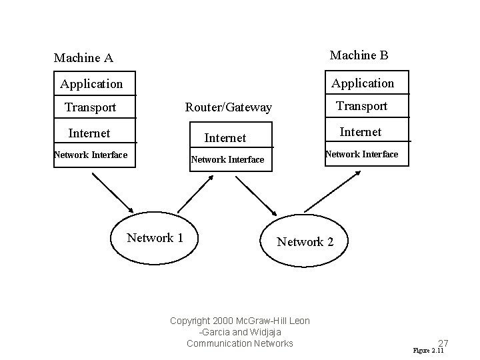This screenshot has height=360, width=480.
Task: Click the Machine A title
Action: tap(83, 58)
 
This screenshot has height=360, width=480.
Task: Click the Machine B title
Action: tap(359, 55)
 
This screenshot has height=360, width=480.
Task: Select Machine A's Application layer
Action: tap(91, 84)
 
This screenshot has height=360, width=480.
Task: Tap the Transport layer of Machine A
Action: tap(90, 107)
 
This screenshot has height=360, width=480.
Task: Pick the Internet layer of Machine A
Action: tap(89, 133)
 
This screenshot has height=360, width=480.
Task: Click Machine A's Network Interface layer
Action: tap(90, 155)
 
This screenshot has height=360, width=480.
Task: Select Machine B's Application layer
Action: tap(363, 83)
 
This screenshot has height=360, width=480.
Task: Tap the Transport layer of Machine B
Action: tap(361, 106)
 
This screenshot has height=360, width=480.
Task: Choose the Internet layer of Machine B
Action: tap(361, 132)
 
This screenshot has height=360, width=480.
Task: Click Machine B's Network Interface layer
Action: tap(361, 154)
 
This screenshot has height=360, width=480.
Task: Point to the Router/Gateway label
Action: tap(228, 107)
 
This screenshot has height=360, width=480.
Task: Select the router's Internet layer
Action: tap(225, 138)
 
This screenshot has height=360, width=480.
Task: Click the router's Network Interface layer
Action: tap(227, 159)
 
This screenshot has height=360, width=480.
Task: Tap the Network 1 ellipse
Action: tap(155, 238)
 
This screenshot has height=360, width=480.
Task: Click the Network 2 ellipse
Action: tap(305, 241)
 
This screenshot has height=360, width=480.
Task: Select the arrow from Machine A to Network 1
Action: tap(113, 191)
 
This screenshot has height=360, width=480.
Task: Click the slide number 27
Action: tap(443, 343)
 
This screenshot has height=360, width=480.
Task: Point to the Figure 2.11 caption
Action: tap(428, 351)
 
